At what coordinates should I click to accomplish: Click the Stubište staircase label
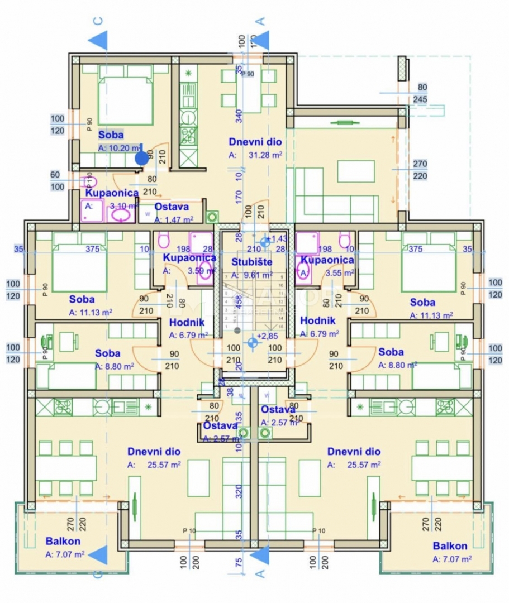pos(251,261)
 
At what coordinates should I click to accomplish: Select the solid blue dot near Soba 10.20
pos(142,158)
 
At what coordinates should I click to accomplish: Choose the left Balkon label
pos(63,541)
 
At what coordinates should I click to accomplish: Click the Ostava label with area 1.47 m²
pos(171,207)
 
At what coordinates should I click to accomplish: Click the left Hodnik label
pos(187,322)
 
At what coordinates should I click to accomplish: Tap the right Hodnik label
pos(317,320)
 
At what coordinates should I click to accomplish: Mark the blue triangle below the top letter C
pos(98,41)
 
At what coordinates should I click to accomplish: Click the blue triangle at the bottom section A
pos(260,554)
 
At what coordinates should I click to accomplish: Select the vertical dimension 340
pos(239,116)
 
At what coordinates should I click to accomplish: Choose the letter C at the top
pos(98,21)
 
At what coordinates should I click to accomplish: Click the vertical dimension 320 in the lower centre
pos(239,491)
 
